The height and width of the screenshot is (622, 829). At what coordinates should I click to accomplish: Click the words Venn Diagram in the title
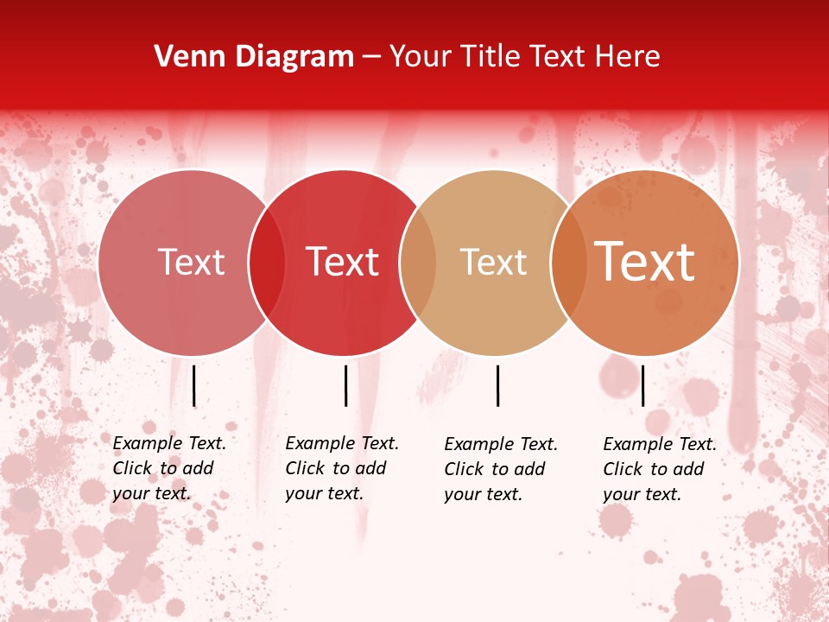click(254, 57)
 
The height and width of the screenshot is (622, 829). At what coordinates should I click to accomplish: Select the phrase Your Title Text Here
click(524, 57)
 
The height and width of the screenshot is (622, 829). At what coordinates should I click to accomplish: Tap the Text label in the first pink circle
click(191, 263)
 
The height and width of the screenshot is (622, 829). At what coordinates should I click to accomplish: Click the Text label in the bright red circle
click(343, 263)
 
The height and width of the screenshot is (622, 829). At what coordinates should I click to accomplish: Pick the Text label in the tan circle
click(493, 263)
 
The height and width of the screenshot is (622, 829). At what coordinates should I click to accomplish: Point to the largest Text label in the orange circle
click(645, 262)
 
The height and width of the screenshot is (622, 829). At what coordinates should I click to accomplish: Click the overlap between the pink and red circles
click(267, 263)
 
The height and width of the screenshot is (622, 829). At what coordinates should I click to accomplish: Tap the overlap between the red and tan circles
click(418, 263)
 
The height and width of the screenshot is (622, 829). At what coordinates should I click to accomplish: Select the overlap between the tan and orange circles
click(568, 263)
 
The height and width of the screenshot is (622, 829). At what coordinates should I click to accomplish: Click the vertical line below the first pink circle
click(194, 385)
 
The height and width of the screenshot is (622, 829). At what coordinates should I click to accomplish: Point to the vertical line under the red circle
click(345, 385)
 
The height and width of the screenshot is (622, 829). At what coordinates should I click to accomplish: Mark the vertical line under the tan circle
click(497, 385)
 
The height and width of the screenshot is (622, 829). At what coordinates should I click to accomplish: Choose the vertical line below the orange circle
click(642, 385)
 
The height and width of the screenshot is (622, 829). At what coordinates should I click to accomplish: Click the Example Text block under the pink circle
click(169, 468)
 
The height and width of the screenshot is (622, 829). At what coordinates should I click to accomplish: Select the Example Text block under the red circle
click(342, 468)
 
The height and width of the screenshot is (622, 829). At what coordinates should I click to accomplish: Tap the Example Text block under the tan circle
click(501, 469)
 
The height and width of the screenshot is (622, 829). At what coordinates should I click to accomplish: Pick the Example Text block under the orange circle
click(660, 469)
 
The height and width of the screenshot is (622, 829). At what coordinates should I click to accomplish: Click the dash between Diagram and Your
click(371, 57)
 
